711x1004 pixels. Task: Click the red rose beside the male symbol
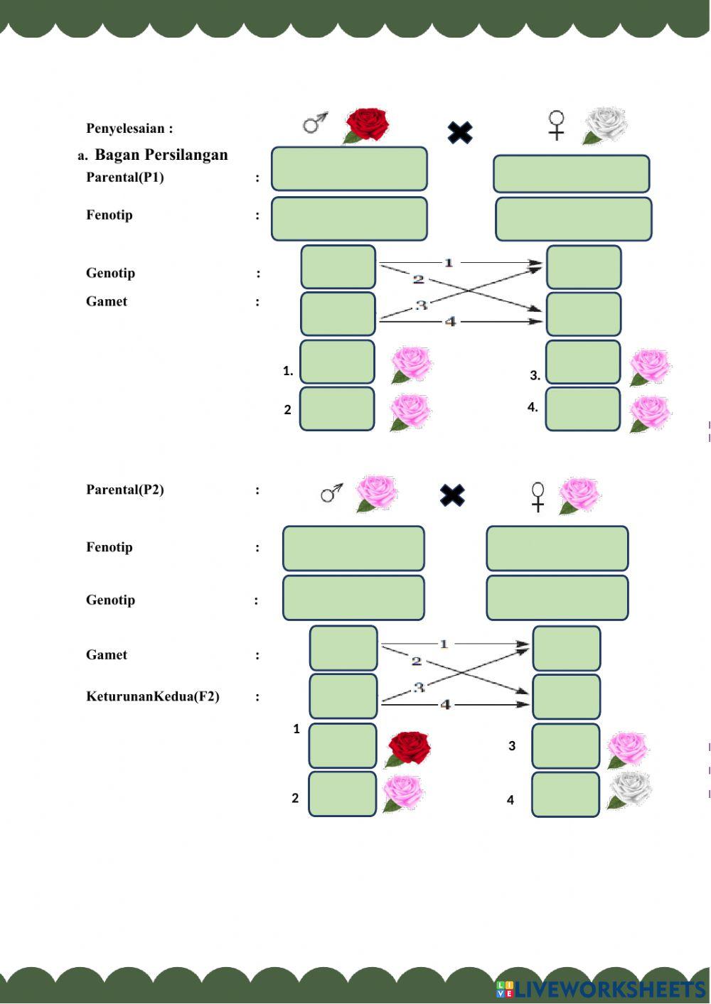[367, 125]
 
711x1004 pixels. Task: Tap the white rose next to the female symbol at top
[606, 126]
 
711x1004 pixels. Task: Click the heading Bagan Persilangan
[161, 155]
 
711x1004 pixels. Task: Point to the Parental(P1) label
[125, 177]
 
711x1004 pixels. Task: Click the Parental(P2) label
[125, 490]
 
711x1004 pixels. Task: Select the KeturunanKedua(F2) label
[153, 696]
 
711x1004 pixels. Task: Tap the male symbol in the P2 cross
[331, 492]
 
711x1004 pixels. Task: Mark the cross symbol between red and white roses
[460, 132]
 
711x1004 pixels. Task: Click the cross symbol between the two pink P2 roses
[452, 495]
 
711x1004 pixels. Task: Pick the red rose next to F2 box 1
[409, 749]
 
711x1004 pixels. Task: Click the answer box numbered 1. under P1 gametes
[337, 362]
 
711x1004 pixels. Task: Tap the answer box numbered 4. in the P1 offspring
[583, 409]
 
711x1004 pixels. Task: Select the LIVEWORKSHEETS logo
[601, 988]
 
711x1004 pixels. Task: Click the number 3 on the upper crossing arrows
[421, 305]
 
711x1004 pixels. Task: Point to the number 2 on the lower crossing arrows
[417, 662]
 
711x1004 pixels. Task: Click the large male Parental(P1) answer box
[349, 169]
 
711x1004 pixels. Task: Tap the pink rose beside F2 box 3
[626, 749]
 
